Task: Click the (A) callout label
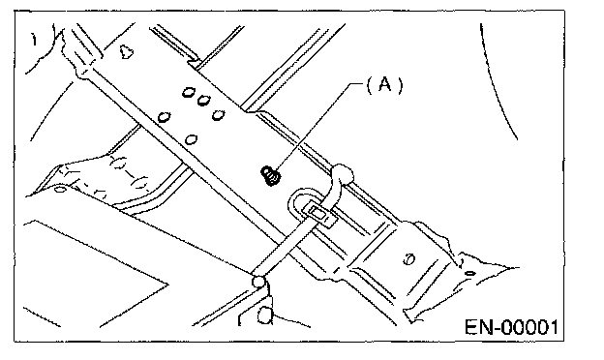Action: (x=384, y=85)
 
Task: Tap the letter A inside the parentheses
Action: (x=384, y=84)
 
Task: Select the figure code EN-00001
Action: (x=511, y=327)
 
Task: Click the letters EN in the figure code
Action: (x=479, y=327)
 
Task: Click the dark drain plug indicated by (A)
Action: (x=271, y=175)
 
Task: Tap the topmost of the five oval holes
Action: (x=189, y=92)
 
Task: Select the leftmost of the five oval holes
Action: (x=165, y=117)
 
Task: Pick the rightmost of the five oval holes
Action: (x=219, y=115)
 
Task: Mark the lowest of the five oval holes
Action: (x=192, y=139)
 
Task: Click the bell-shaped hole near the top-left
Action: (x=126, y=51)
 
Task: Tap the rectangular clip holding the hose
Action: (x=318, y=214)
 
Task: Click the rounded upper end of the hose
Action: (x=343, y=174)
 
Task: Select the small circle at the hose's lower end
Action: (x=258, y=281)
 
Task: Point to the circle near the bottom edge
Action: (x=264, y=315)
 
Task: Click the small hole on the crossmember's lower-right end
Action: (x=409, y=259)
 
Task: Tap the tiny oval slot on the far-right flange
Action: (x=470, y=273)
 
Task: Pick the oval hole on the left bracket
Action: (x=59, y=190)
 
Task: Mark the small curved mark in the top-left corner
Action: (x=35, y=40)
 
